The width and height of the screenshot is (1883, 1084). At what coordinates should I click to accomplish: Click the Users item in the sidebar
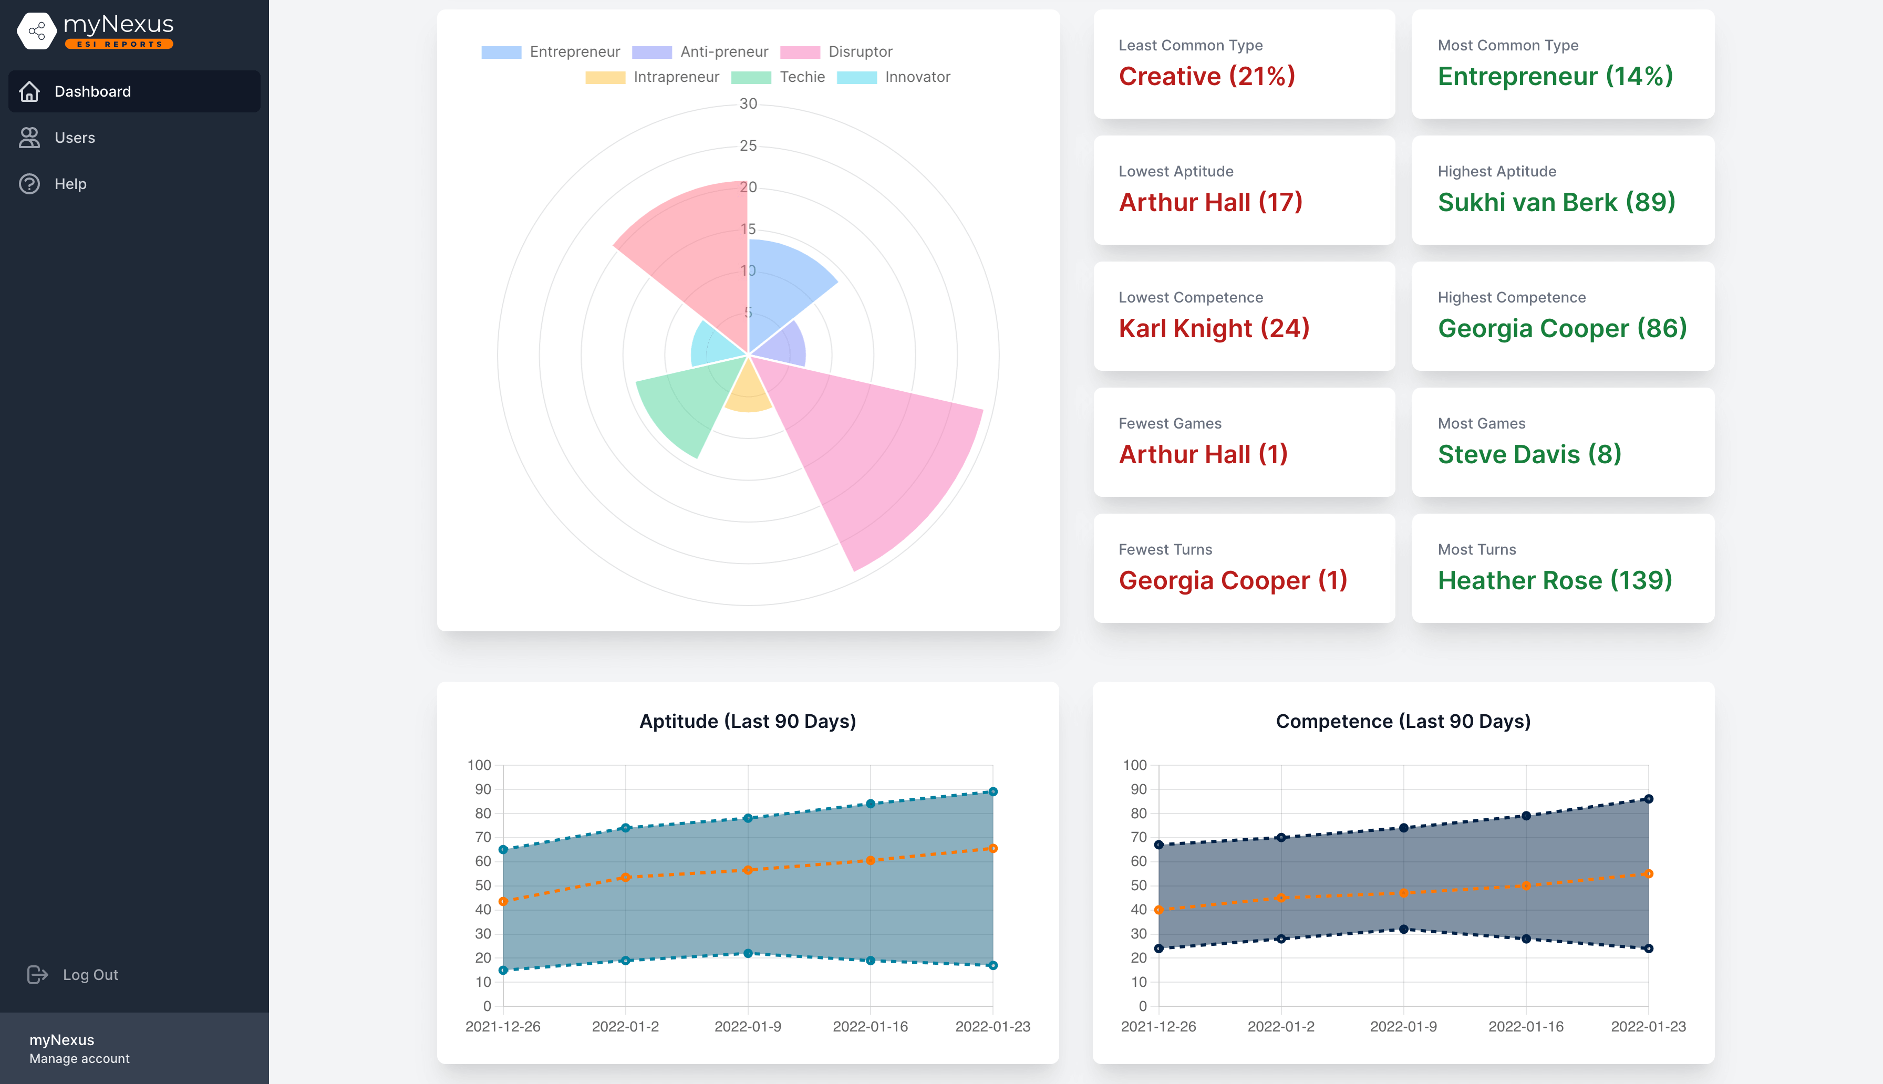pos(75,138)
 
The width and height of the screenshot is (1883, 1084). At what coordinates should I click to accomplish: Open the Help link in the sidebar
pos(70,184)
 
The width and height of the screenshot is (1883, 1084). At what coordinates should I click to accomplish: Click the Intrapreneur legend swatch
pos(605,77)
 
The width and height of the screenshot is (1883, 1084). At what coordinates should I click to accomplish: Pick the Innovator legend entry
pos(917,77)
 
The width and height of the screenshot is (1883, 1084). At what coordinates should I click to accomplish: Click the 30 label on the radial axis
pos(748,104)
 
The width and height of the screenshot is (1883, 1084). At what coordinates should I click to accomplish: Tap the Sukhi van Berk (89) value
pos(1556,203)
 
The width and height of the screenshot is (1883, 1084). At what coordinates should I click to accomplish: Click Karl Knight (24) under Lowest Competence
pos(1214,328)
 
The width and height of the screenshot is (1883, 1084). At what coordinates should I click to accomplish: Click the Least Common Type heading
pos(1190,45)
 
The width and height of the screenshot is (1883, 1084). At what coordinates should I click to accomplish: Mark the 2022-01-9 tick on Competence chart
pos(1403,1026)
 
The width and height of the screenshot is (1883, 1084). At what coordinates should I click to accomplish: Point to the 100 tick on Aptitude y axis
pos(479,765)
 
